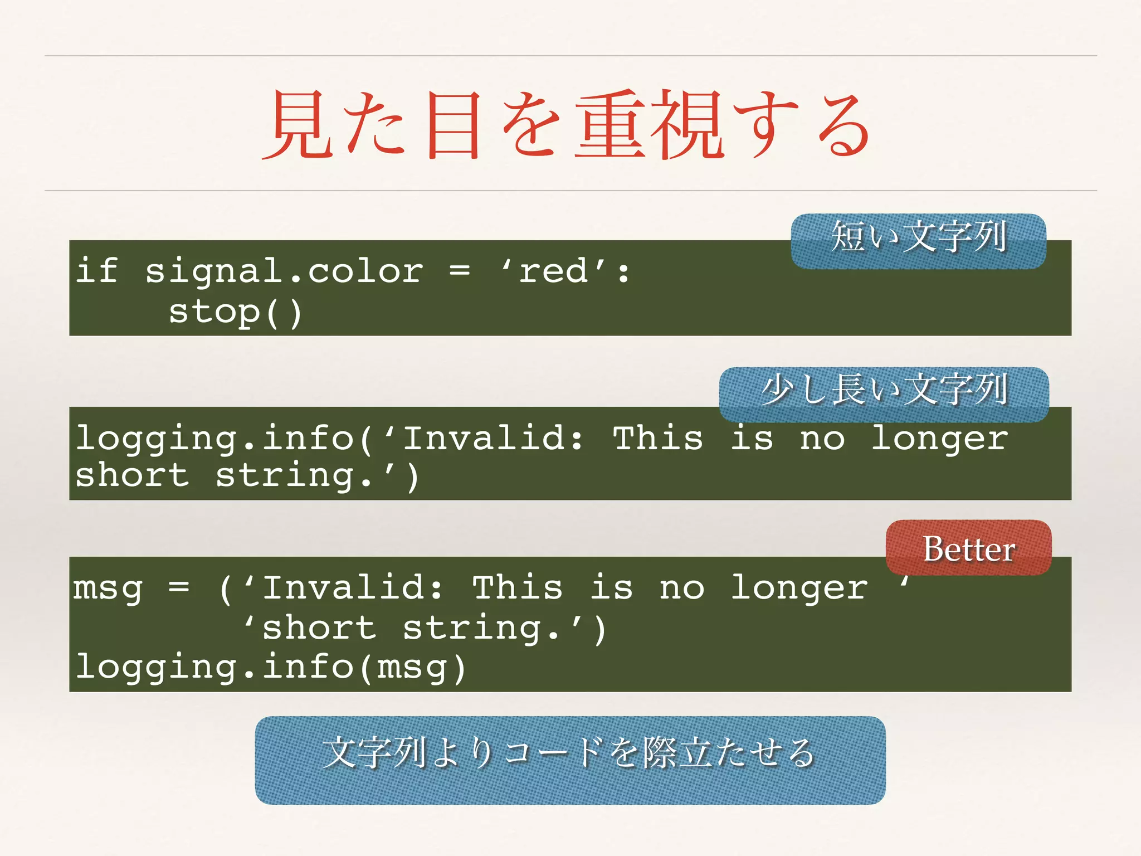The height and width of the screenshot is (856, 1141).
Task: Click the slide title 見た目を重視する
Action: [x=567, y=125]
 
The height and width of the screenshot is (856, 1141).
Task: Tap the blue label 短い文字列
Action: [x=918, y=240]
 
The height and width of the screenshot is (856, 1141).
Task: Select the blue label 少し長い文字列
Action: [x=884, y=392]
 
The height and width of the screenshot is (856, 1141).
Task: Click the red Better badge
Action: [x=968, y=548]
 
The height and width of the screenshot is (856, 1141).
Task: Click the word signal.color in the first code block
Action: [x=284, y=272]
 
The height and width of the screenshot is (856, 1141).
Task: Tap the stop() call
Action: [x=235, y=312]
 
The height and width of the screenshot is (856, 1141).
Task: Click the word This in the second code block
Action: [x=658, y=438]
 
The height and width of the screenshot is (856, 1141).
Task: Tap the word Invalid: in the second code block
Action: [x=494, y=438]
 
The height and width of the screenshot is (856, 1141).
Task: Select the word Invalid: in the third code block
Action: [x=353, y=588]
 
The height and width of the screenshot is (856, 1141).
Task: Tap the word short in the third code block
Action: [x=319, y=628]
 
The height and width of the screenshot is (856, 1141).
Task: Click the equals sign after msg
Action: [x=179, y=588]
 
